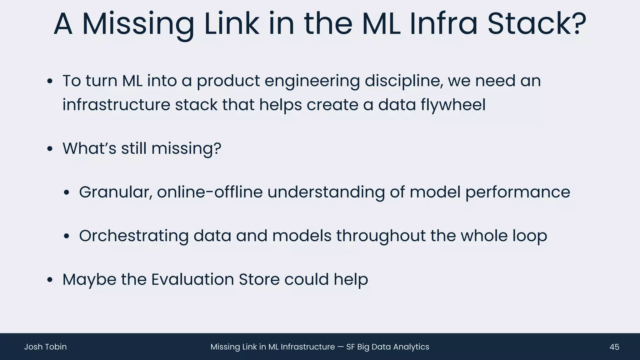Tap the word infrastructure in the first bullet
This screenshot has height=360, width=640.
point(116,105)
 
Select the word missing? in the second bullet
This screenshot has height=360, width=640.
point(186,149)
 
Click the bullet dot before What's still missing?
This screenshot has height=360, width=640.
point(50,149)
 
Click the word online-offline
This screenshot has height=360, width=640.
point(210,192)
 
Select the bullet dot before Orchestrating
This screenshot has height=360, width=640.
point(66,236)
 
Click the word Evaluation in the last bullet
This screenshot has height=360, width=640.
point(192,279)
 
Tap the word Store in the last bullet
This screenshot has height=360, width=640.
point(259,279)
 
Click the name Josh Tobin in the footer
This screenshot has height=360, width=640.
point(45,347)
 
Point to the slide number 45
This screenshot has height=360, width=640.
point(614,347)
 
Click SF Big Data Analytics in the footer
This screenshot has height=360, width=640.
point(387,347)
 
